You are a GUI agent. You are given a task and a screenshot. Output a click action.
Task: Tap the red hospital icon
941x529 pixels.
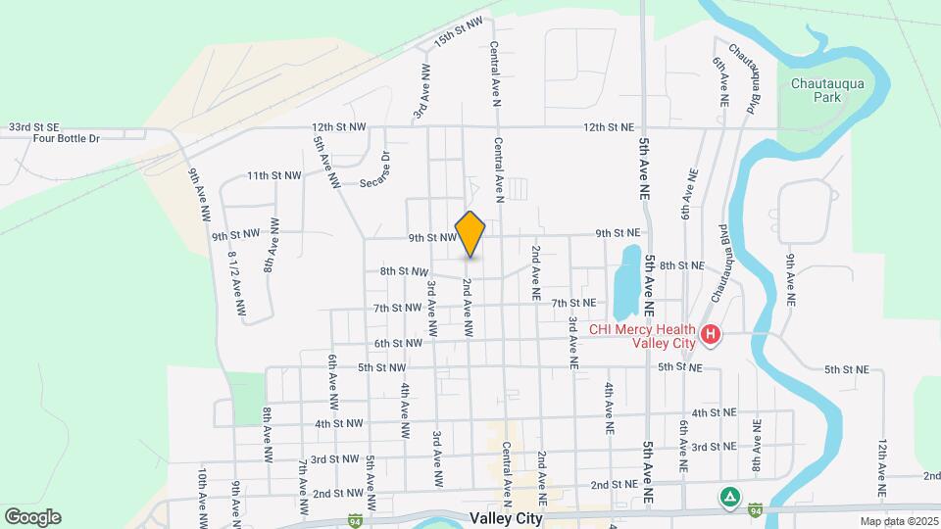pyautogui.click(x=712, y=336)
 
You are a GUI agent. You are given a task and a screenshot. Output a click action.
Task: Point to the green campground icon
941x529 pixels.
pyautogui.click(x=728, y=496)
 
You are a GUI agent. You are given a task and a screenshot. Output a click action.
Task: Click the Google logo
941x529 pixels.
pyautogui.click(x=31, y=516)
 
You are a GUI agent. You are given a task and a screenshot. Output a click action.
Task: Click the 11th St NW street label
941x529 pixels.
pyautogui.click(x=273, y=175)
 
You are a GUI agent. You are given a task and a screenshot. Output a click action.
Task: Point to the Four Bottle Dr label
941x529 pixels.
pyautogui.click(x=67, y=139)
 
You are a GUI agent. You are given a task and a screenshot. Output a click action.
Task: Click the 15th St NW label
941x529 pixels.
pyautogui.click(x=460, y=32)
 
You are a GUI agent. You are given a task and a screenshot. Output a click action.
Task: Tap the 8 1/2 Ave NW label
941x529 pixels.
pyautogui.click(x=235, y=282)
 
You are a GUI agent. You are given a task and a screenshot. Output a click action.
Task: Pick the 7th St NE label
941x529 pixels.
pyautogui.click(x=573, y=304)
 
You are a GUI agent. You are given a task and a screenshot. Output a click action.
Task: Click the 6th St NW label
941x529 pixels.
pyautogui.click(x=398, y=343)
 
